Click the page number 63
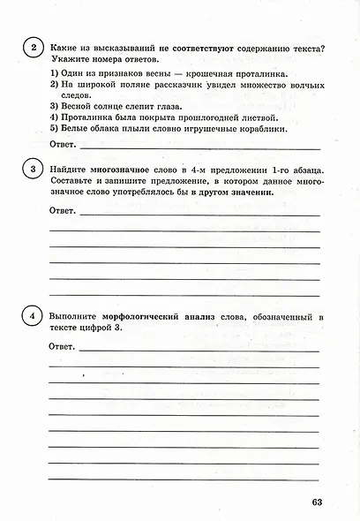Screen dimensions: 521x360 tap(319, 503)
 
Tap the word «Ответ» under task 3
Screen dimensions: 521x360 tap(63, 212)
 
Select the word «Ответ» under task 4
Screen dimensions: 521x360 tap(63, 348)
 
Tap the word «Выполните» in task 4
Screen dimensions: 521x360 tap(74, 315)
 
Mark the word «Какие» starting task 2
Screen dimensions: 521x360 tap(65, 47)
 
